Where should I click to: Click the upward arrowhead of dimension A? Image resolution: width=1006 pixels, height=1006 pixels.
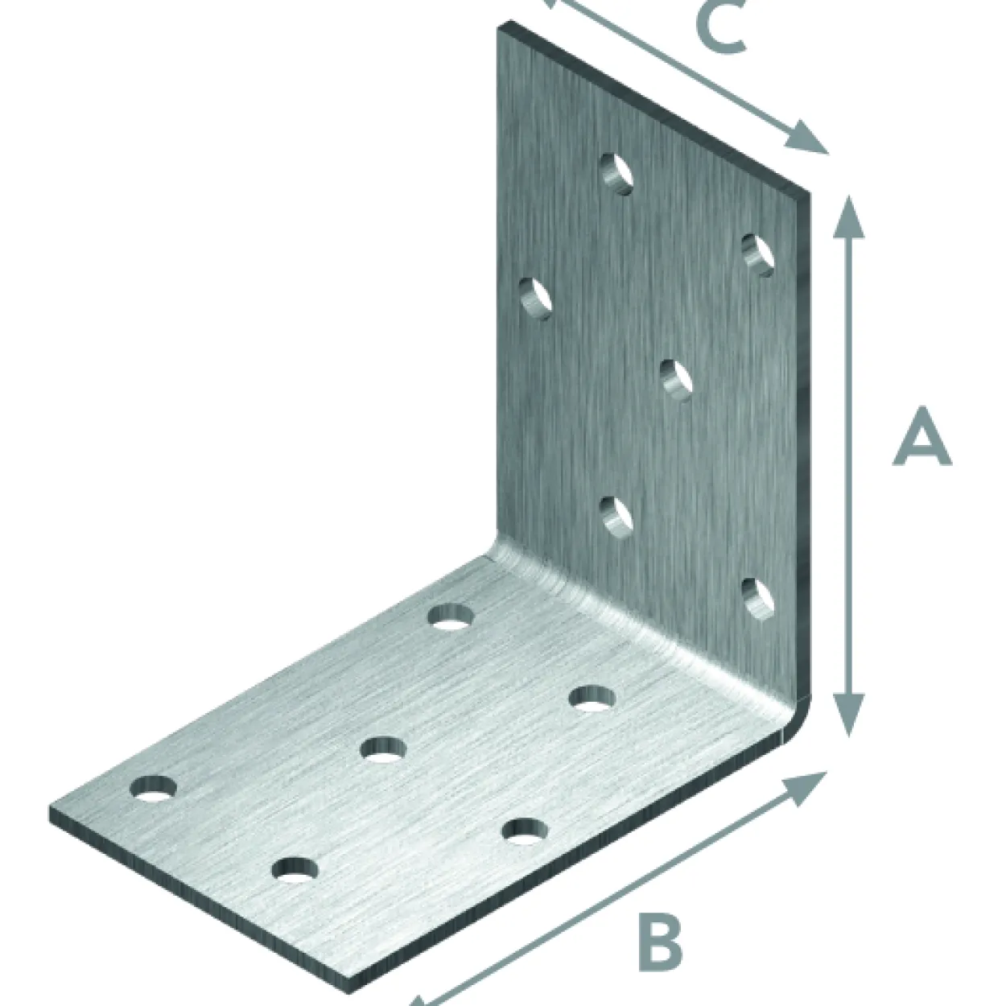pyautogui.click(x=847, y=217)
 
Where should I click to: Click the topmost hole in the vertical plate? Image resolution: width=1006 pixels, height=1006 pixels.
pyautogui.click(x=616, y=174)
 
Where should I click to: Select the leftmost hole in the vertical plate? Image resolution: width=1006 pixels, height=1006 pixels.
pyautogui.click(x=535, y=299)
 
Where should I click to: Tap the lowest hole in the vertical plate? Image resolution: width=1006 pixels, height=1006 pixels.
pyautogui.click(x=758, y=600)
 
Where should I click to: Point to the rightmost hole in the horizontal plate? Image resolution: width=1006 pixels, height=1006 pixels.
pyautogui.click(x=592, y=699)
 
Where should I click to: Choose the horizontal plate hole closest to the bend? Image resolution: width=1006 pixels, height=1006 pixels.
pyautogui.click(x=451, y=616)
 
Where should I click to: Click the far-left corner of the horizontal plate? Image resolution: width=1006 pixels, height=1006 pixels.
pyautogui.click(x=51, y=812)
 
